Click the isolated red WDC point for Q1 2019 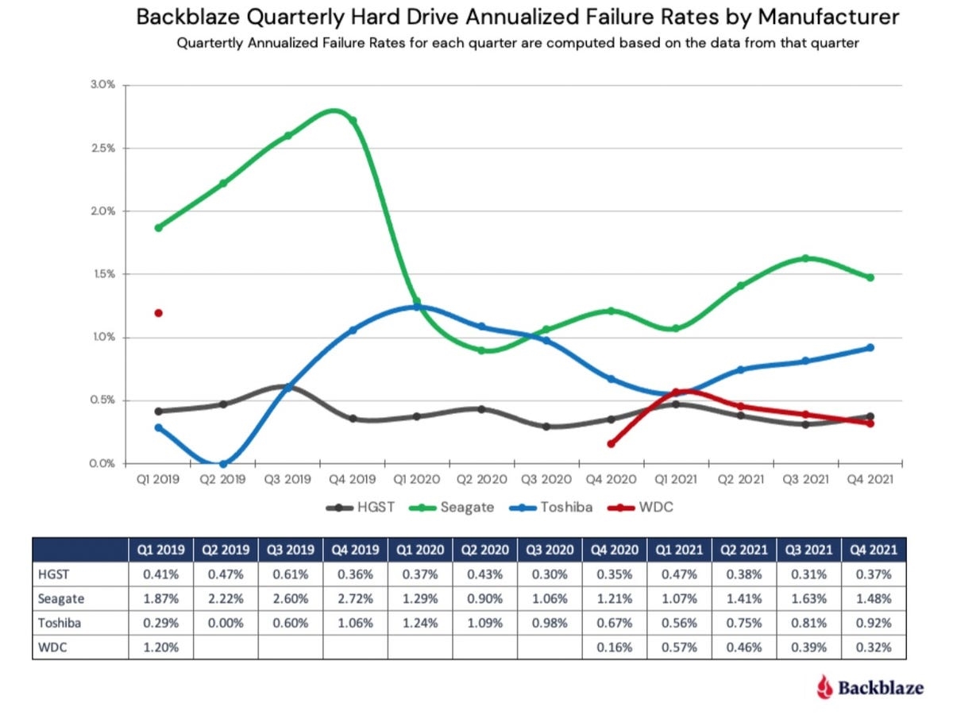[158, 313]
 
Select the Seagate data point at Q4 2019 [353, 121]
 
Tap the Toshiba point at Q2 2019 [223, 464]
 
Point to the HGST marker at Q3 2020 [546, 427]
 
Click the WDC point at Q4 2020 [611, 443]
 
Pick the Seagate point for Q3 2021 [805, 258]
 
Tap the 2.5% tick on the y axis [104, 149]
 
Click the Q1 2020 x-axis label [417, 480]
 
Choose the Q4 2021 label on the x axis [870, 480]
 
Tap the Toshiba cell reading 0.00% [226, 623]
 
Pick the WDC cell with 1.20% [160, 647]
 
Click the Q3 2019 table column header [291, 549]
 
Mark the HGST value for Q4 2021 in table [874, 573]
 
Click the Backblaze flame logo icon [826, 686]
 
